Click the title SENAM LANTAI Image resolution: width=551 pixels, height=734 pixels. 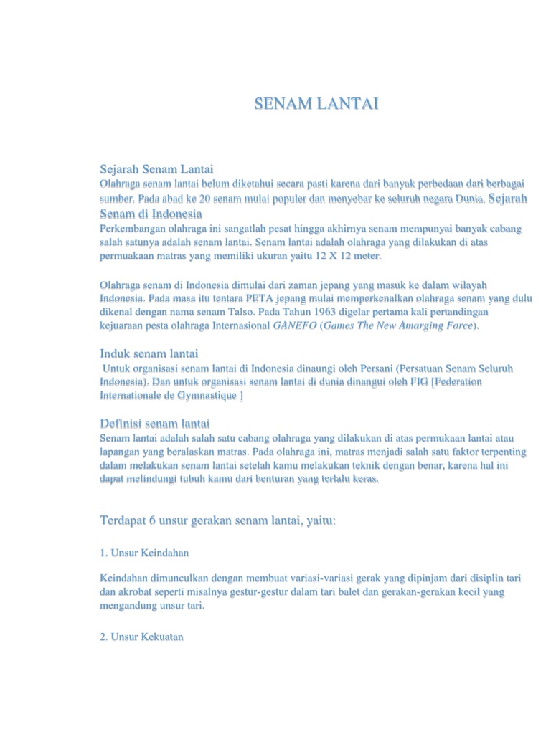[316, 105]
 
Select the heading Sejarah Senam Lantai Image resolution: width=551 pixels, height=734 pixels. [156, 170]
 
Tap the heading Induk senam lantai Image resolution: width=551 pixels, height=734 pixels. [149, 353]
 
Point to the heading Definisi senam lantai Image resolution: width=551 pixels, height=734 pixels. [154, 424]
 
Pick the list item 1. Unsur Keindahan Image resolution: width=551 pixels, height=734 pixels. [144, 553]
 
